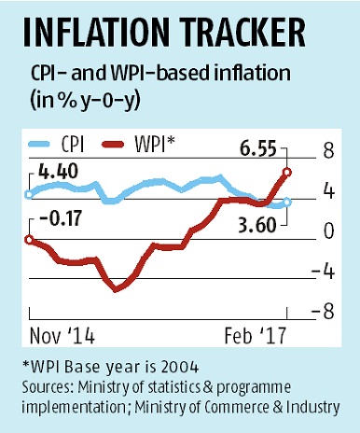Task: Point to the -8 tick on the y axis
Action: click(323, 312)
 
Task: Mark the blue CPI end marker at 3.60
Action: click(287, 202)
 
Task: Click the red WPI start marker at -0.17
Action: click(29, 240)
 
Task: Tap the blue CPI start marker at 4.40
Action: click(29, 194)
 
